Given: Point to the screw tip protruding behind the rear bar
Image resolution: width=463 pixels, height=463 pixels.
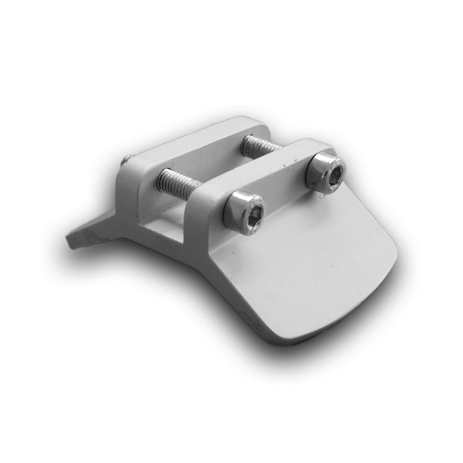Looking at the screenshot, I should tap(126, 160).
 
